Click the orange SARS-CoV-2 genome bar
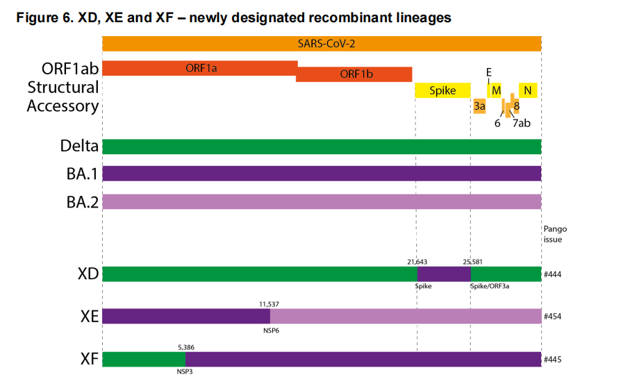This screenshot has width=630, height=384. click(x=322, y=43)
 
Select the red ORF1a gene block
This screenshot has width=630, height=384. click(x=199, y=68)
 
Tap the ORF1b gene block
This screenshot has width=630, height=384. click(x=354, y=74)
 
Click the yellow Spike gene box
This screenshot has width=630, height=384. click(x=442, y=90)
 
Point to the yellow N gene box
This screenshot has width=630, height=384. click(x=528, y=90)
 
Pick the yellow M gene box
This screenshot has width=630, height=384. click(x=496, y=90)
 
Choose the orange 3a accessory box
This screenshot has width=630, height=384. click(x=479, y=106)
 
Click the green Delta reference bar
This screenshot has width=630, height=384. click(x=322, y=147)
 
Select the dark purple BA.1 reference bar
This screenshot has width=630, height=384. click(x=322, y=174)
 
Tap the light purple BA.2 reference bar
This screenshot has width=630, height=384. click(x=322, y=201)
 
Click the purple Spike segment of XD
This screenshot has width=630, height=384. click(x=443, y=274)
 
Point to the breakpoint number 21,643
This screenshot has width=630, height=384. click(x=417, y=262)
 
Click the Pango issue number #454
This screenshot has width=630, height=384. click(x=552, y=317)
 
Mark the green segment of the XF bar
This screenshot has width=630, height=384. click(x=144, y=359)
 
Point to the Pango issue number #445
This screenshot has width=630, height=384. click(x=552, y=359)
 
